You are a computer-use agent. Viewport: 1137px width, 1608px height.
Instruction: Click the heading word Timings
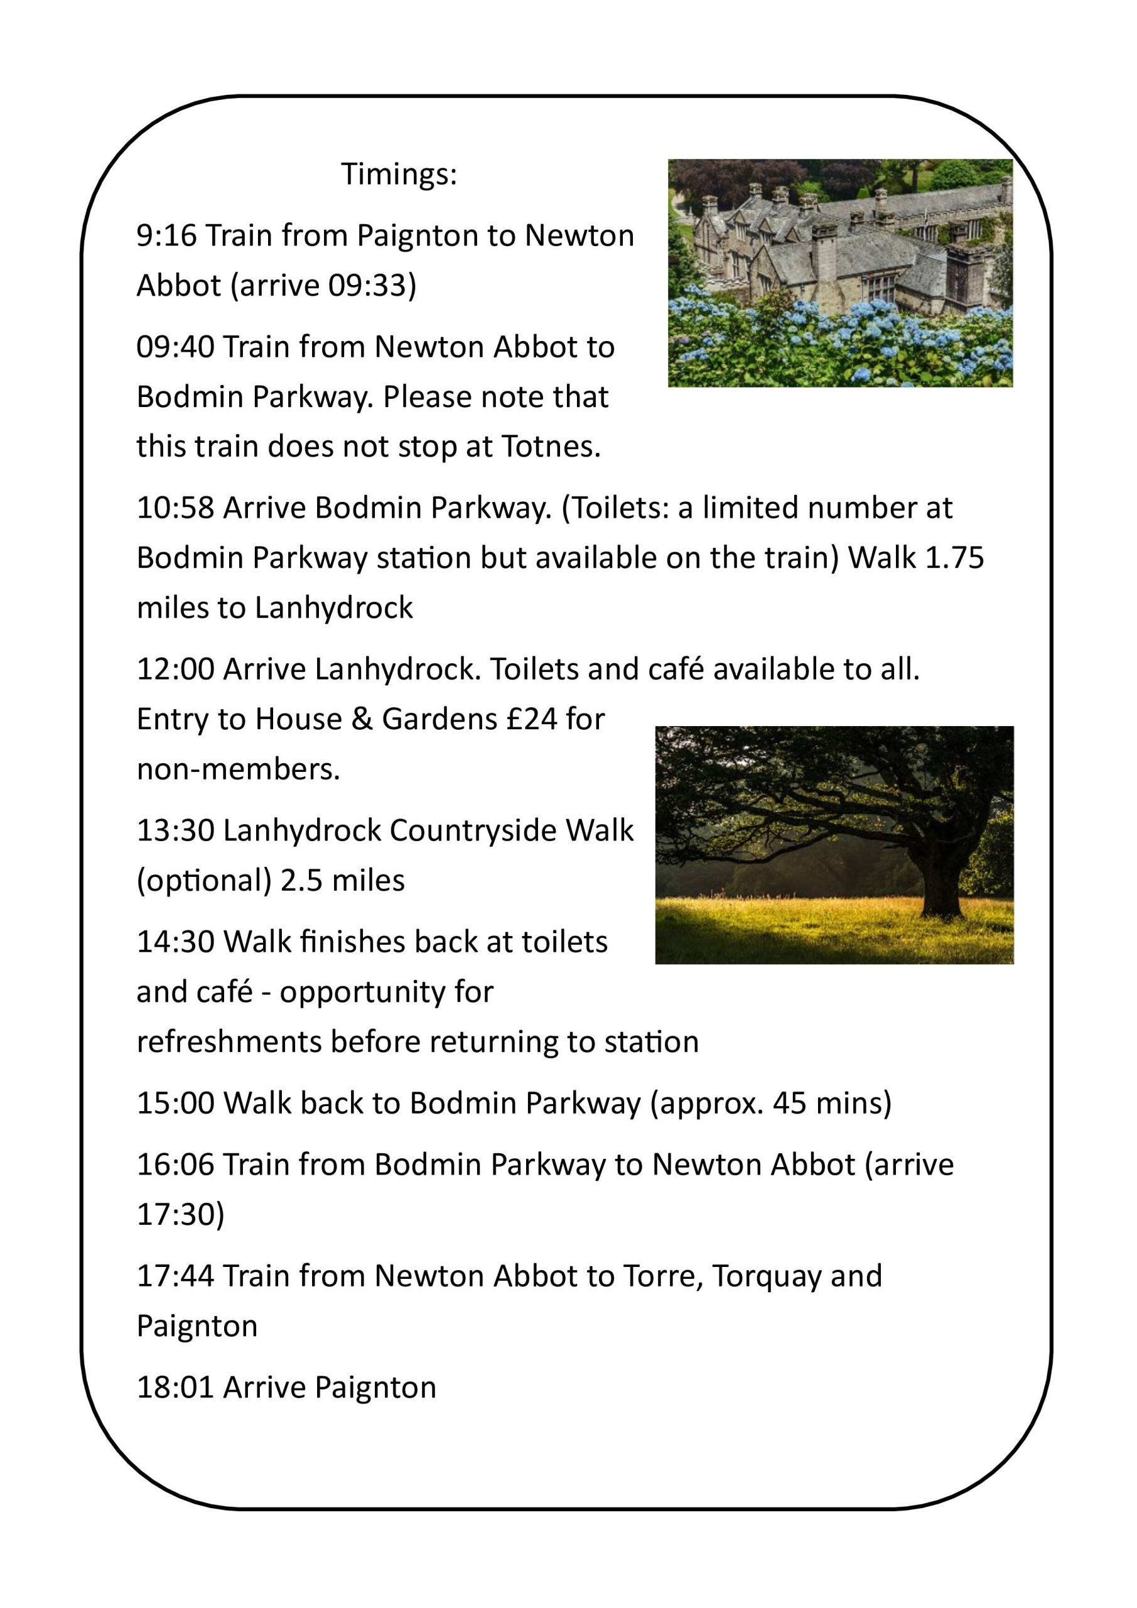coord(399,174)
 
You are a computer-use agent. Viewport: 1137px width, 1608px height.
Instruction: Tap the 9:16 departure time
coord(166,236)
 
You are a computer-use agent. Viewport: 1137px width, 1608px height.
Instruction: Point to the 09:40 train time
coord(175,347)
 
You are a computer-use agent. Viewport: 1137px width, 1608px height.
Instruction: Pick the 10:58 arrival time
coord(175,508)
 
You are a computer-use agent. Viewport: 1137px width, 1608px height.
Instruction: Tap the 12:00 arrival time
coord(175,670)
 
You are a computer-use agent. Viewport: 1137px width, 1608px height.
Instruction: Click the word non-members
coord(238,769)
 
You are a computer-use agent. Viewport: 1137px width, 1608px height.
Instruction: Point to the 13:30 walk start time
coord(175,830)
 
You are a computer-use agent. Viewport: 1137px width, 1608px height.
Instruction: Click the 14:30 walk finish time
coord(175,943)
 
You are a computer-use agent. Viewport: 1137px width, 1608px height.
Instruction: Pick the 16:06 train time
coord(175,1165)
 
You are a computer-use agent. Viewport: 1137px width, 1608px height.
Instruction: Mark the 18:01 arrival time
coord(175,1388)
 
